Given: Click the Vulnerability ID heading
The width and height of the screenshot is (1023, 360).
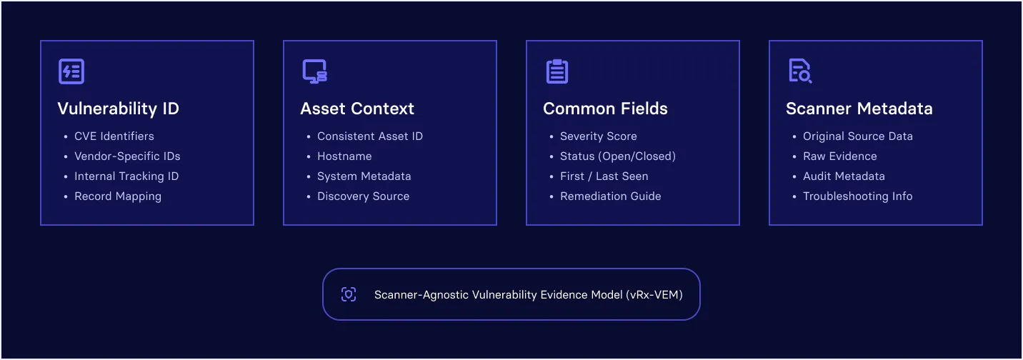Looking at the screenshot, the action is [119, 109].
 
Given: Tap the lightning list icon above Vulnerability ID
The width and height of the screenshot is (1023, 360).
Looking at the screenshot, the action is [71, 71].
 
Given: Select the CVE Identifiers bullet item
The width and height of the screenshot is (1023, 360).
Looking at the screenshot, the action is [114, 136].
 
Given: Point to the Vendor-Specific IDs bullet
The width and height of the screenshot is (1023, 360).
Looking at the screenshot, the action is [127, 156].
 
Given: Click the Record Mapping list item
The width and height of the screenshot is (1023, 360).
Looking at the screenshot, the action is [118, 196].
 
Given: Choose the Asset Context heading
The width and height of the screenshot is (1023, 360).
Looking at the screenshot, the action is [357, 109].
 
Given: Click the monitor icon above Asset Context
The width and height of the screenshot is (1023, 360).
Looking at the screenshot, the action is [314, 71].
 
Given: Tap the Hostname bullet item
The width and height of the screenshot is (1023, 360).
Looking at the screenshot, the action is [344, 156].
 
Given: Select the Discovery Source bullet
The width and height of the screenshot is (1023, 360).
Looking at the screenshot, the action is [363, 196].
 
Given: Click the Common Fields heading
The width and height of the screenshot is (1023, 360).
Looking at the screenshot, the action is [605, 109].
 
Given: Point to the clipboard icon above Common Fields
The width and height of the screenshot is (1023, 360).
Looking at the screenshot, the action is [557, 71].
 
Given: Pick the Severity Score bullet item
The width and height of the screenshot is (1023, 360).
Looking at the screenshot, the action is [598, 136].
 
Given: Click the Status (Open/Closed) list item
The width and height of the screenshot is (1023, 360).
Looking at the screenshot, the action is [618, 156].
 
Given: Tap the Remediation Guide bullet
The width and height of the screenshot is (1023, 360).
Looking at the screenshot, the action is [611, 196].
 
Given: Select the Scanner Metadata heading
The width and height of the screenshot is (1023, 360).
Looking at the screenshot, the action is [859, 109].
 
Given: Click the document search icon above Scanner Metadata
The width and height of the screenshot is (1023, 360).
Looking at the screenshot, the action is [800, 71].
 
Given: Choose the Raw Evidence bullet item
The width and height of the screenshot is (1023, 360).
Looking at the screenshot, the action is [840, 156].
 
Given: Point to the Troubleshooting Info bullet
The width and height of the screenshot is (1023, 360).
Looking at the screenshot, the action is [858, 196].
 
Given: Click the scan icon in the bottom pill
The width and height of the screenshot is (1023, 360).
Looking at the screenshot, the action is [349, 295].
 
